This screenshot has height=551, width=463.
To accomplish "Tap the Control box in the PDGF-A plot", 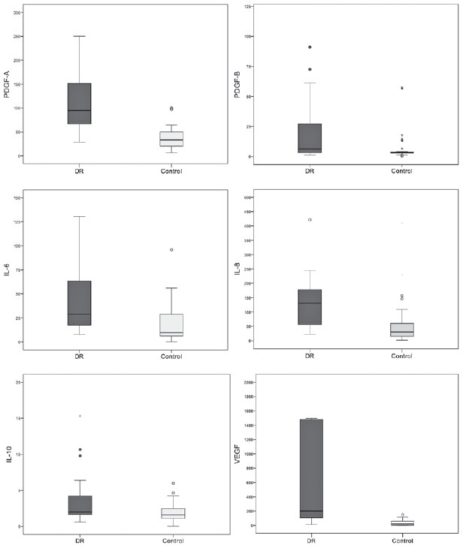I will (171, 139).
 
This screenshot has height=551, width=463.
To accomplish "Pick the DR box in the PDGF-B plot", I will (309, 138).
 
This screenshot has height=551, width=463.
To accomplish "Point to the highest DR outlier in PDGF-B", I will (309, 47).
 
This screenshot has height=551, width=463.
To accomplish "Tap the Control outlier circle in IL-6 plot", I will (171, 250).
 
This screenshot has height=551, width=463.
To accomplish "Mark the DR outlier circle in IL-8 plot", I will (309, 220).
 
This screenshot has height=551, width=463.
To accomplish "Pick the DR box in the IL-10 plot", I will (79, 504).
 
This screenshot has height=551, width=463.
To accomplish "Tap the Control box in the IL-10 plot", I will (171, 513).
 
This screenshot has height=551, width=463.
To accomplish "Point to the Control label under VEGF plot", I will (403, 540).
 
